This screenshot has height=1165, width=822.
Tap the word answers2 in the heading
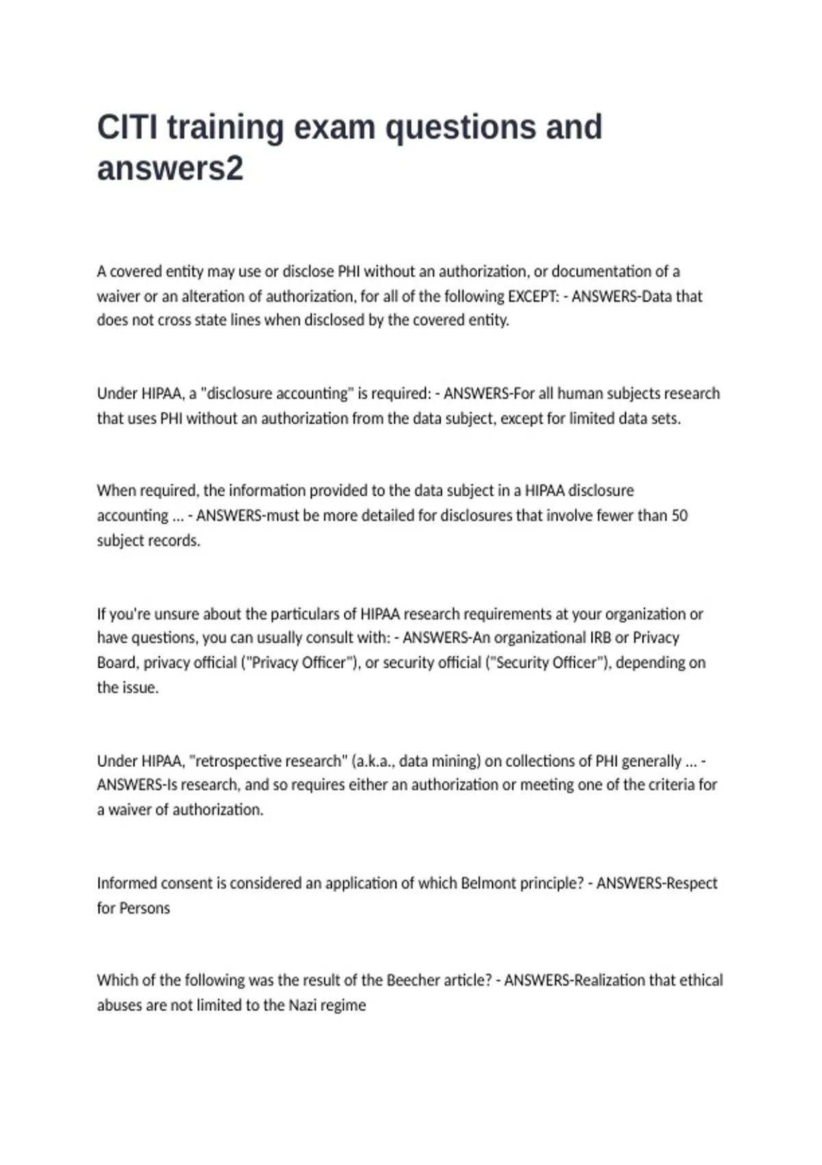pos(170,169)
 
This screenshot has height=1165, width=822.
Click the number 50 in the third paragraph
pos(679,515)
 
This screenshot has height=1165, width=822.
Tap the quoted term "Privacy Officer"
pos(302,663)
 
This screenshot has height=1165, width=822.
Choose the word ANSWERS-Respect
pos(657,883)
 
